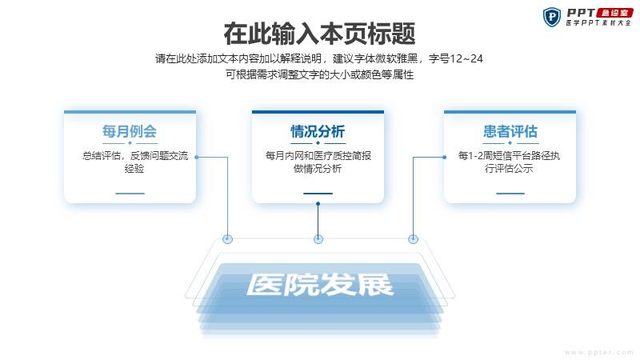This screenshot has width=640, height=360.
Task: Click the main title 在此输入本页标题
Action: (x=319, y=34)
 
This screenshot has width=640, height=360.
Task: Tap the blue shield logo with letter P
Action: (x=552, y=17)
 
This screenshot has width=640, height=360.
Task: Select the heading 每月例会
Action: (x=130, y=131)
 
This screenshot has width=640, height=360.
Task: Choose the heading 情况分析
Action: (x=318, y=131)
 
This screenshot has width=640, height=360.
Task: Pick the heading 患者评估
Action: (x=510, y=131)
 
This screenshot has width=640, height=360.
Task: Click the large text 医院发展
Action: (x=320, y=284)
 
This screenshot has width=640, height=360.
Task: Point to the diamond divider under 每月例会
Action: (x=130, y=143)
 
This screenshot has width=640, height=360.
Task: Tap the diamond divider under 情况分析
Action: (x=318, y=143)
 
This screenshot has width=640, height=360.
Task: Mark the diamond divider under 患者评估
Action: (x=510, y=143)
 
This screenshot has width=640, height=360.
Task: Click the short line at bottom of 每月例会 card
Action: (x=130, y=194)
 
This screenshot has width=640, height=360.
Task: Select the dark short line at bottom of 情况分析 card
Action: (x=318, y=194)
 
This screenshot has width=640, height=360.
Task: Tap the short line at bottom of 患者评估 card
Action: (x=510, y=194)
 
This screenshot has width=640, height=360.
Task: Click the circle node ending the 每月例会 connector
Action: (x=228, y=239)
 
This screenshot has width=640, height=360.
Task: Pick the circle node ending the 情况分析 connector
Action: (x=318, y=239)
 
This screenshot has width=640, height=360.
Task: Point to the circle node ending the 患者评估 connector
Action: (x=413, y=239)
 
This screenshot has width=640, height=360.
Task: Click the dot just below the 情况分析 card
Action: (x=318, y=204)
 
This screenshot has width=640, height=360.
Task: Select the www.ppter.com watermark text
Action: (x=598, y=352)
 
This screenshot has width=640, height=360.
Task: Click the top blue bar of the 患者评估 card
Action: (x=510, y=112)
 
